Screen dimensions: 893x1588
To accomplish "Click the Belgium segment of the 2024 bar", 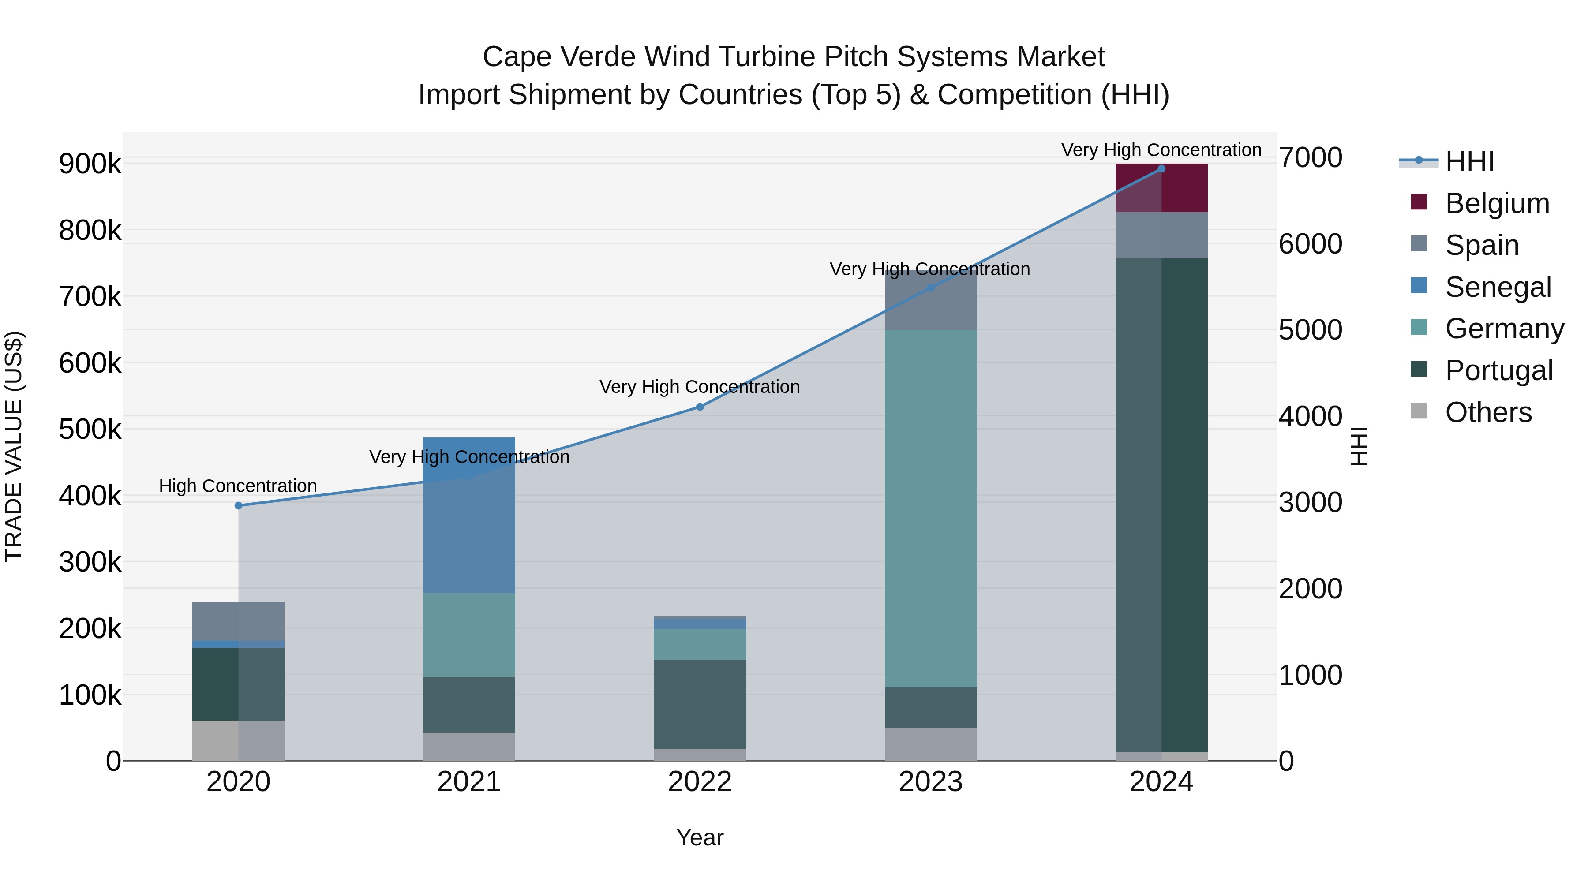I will pyautogui.click(x=1161, y=188).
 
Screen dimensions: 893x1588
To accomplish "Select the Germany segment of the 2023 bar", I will pyautogui.click(x=930, y=508).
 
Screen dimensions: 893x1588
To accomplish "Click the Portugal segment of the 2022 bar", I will pyautogui.click(x=700, y=704).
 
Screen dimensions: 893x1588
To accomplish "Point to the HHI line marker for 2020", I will pyautogui.click(x=239, y=505).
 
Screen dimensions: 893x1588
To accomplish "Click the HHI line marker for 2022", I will pyautogui.click(x=700, y=407).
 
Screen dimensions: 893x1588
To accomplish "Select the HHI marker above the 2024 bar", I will pyautogui.click(x=1161, y=169).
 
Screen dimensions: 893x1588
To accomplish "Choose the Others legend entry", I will pyautogui.click(x=1487, y=412).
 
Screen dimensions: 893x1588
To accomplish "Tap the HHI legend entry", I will pyautogui.click(x=1469, y=161).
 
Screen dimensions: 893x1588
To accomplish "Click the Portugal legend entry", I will pyautogui.click(x=1498, y=370).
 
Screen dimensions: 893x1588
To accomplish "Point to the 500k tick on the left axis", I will pyautogui.click(x=90, y=430).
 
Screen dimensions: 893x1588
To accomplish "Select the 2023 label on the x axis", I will pyautogui.click(x=930, y=782).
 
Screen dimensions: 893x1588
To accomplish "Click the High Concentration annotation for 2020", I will pyautogui.click(x=238, y=486).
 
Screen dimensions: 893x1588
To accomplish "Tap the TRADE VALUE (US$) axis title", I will pyautogui.click(x=14, y=446).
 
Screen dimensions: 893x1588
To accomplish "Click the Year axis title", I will pyautogui.click(x=700, y=837).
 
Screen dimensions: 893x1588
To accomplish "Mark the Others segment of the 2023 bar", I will pyautogui.click(x=930, y=744).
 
